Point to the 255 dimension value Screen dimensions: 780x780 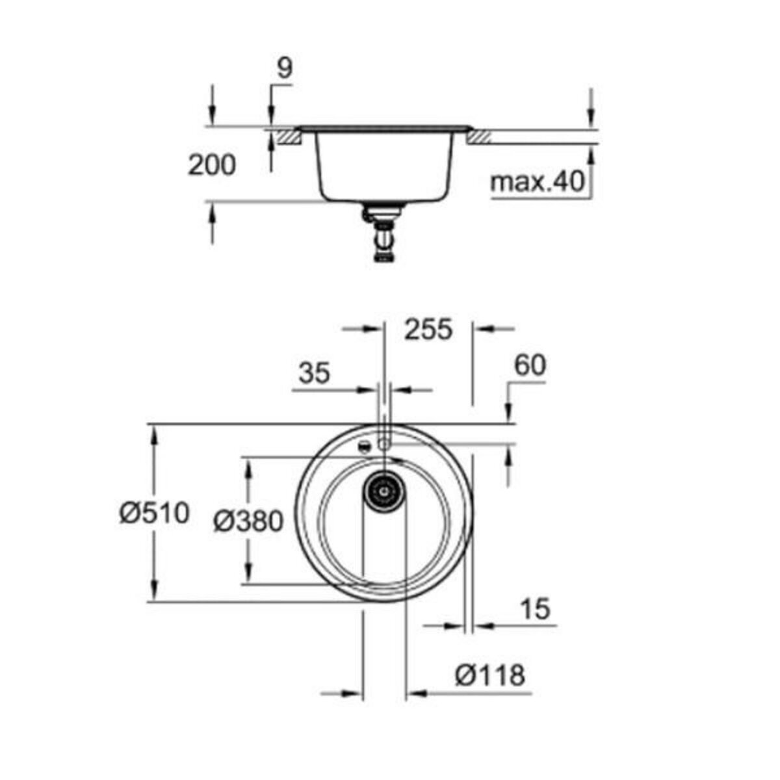428,330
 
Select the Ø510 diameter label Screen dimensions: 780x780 154,513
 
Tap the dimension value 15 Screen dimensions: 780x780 535,609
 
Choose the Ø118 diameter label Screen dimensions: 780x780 489,676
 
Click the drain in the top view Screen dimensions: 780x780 384,489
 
